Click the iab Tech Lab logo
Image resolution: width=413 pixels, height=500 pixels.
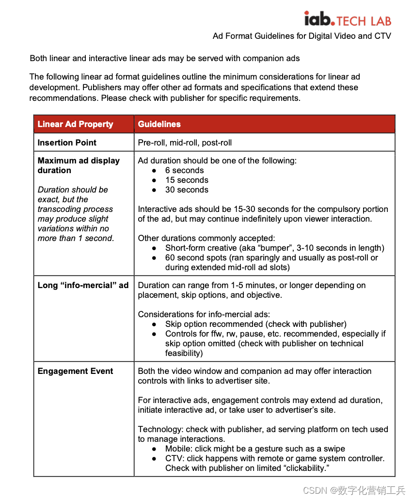click(347, 19)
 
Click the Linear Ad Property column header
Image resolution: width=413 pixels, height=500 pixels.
click(75, 124)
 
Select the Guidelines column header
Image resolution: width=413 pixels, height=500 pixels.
click(159, 124)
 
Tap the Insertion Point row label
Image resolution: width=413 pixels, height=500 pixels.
click(67, 143)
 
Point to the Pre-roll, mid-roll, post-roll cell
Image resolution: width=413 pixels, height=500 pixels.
click(185, 143)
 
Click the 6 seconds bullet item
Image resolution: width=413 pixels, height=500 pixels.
click(184, 170)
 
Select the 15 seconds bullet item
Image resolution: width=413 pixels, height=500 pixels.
click(187, 180)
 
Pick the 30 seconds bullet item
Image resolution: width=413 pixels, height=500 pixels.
click(187, 190)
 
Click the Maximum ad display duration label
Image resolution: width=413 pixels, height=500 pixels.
click(79, 165)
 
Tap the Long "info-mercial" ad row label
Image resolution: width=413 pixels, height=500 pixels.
click(83, 285)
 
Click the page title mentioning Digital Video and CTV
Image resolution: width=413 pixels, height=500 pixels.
click(302, 36)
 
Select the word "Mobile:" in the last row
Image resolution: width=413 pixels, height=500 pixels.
click(179, 449)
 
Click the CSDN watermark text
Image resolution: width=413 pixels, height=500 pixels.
click(353, 490)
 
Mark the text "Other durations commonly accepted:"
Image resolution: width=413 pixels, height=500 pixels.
click(206, 238)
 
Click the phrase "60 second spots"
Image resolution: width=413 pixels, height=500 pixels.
click(195, 258)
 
